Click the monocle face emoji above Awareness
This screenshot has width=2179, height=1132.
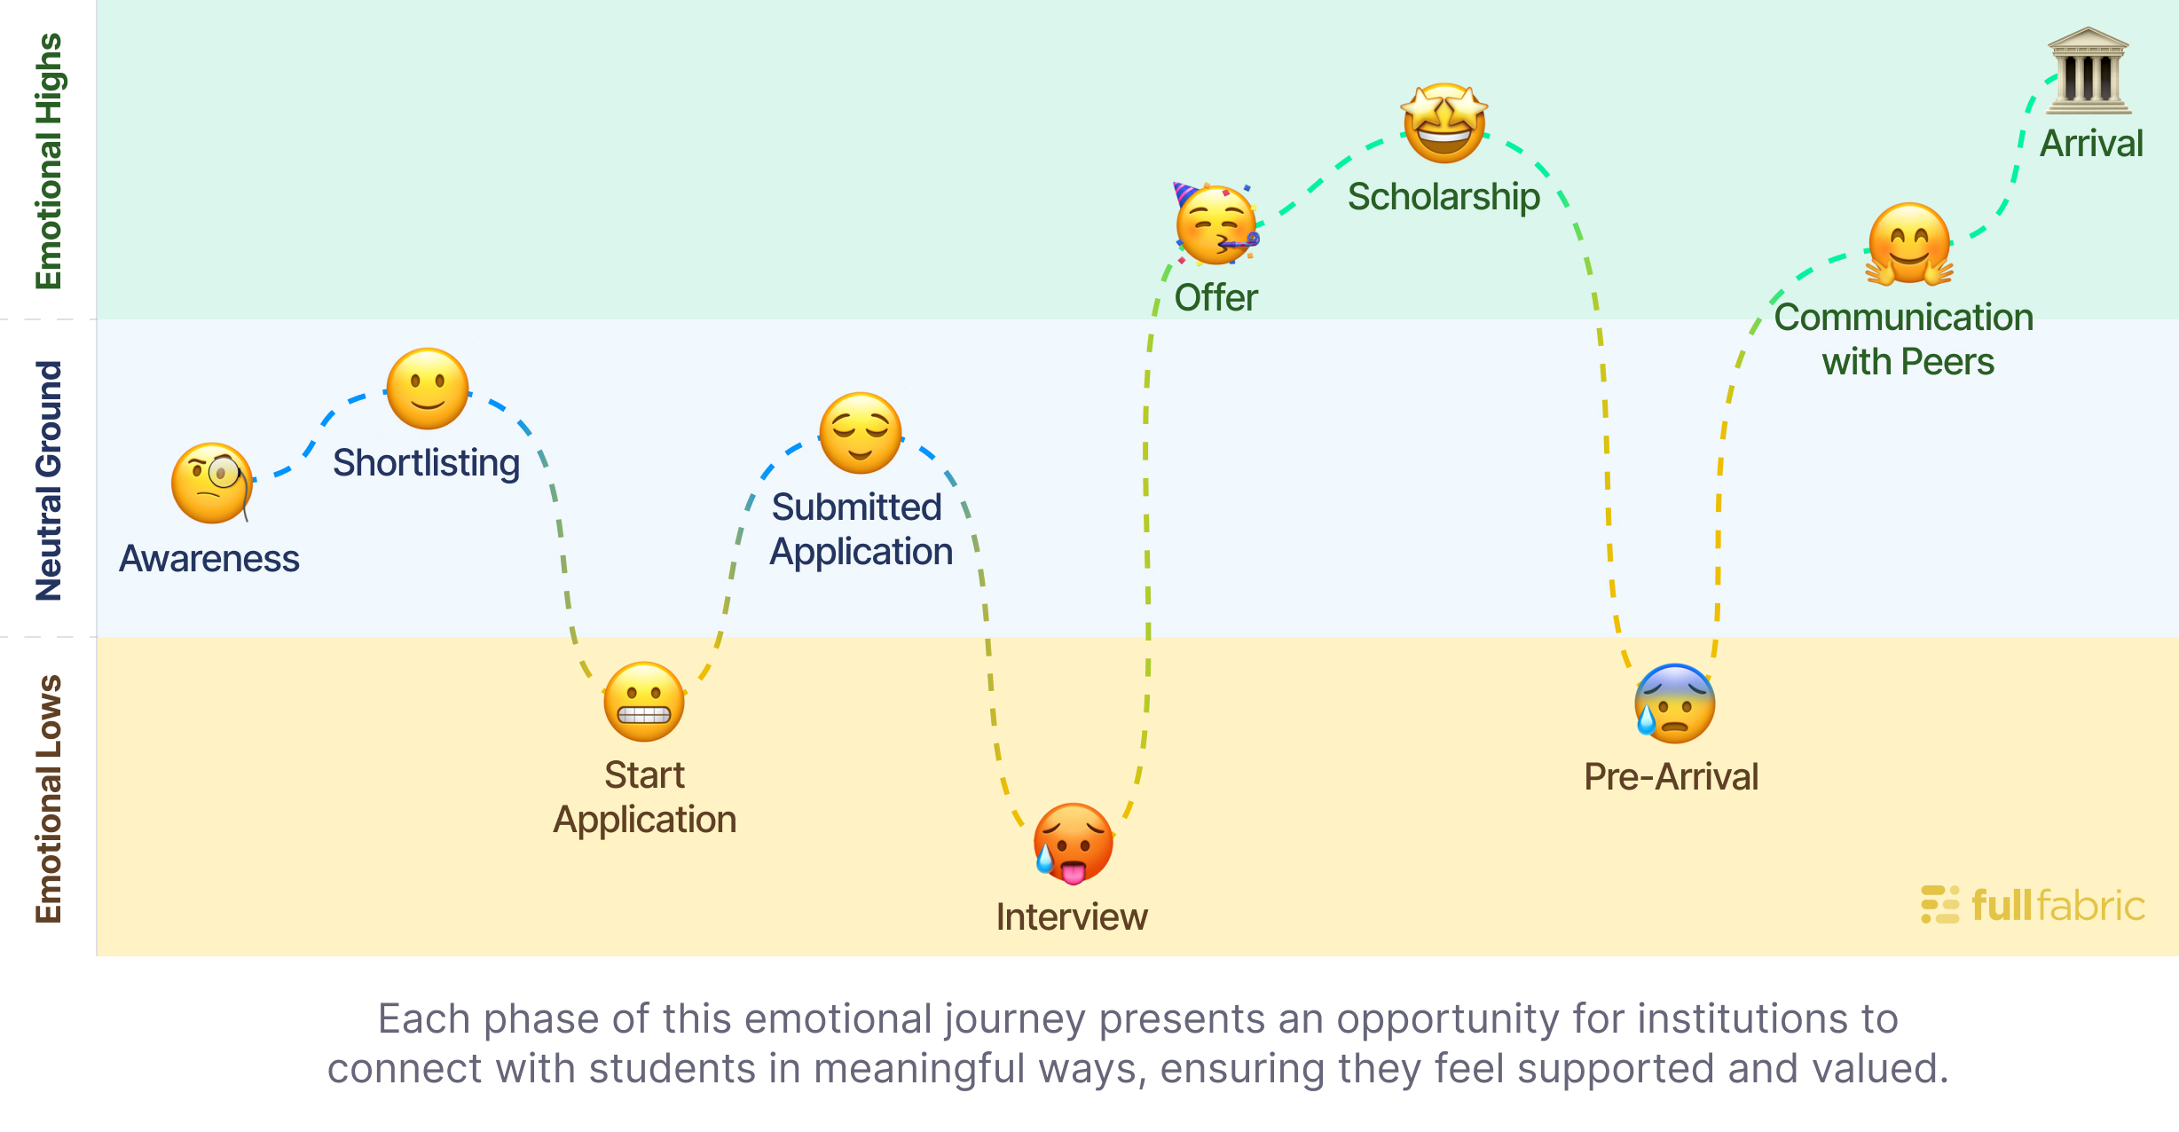[212, 483]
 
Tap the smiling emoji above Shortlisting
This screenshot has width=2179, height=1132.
[428, 389]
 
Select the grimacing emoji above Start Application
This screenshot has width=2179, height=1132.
[644, 702]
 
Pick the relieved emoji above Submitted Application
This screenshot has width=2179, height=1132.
[861, 433]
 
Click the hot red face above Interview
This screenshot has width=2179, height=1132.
[1073, 844]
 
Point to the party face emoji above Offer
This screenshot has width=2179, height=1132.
[1215, 225]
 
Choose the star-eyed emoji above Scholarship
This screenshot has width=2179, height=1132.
[1444, 123]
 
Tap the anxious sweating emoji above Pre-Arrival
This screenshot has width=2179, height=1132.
[1674, 704]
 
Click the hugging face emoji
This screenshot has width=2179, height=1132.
[1909, 244]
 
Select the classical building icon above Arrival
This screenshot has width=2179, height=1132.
[2088, 71]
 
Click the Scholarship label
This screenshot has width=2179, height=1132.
[1443, 197]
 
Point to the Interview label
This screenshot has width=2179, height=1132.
[1072, 917]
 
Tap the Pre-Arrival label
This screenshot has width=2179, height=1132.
[1672, 777]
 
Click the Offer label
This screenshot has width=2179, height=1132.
[1215, 298]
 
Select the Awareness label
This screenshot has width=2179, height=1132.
[209, 559]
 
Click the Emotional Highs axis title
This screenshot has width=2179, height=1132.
[49, 161]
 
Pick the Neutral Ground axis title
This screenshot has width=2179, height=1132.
[49, 480]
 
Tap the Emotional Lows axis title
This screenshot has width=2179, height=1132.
[49, 798]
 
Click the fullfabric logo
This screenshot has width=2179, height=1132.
[2033, 906]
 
